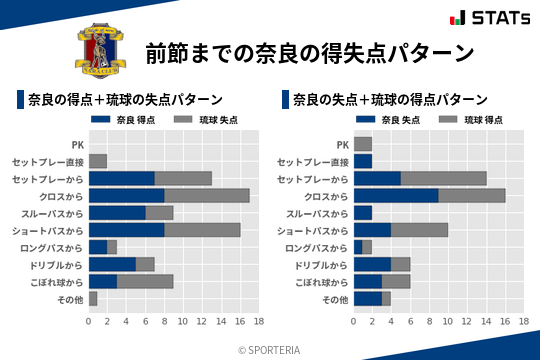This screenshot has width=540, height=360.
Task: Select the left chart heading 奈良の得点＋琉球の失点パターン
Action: point(125,100)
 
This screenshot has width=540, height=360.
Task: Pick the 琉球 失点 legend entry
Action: point(205,121)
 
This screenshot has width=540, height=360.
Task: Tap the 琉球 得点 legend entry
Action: point(470,121)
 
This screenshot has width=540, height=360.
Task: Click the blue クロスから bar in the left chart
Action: point(126,195)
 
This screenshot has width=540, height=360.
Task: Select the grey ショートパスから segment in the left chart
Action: point(202,229)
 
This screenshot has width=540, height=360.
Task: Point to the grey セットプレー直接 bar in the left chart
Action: point(98,161)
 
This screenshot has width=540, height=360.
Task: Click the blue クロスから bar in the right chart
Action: point(396,195)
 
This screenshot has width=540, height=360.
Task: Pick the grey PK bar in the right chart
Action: point(363,144)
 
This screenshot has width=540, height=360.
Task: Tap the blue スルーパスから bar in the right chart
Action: point(363,212)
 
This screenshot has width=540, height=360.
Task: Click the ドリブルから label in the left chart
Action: point(57,264)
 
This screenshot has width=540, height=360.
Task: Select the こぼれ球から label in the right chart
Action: point(320,281)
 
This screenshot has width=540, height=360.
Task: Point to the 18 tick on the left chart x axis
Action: point(258,322)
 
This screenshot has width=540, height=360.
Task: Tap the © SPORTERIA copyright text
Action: point(270,349)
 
